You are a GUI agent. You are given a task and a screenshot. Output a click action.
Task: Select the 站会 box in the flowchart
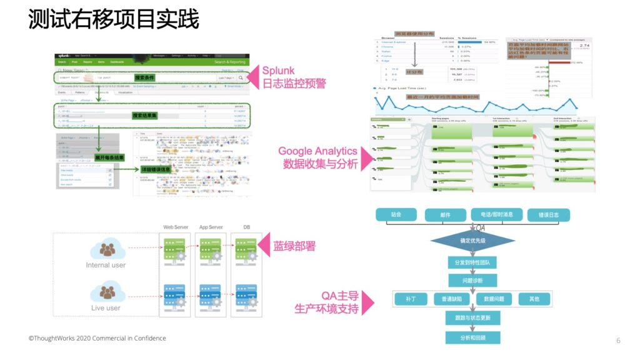pos(396,214)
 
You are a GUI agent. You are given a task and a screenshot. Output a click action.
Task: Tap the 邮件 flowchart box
pos(445,214)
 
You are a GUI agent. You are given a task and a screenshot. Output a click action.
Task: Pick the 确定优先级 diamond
pos(473,240)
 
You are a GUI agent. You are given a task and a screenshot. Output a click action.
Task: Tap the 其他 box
pos(534,299)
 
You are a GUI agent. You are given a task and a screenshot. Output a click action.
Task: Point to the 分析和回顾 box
pos(473,337)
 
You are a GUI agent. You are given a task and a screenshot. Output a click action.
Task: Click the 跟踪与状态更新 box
pos(473,319)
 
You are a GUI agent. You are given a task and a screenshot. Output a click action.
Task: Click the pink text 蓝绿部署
pos(294,246)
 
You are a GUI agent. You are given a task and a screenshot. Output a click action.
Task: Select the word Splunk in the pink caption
pos(278,70)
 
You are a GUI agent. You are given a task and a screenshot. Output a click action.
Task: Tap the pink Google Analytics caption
pos(317,151)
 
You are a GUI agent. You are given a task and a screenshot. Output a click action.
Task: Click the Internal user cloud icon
pos(107,249)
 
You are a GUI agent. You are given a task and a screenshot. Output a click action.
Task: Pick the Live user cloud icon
pos(107,292)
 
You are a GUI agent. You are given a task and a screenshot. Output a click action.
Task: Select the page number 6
pos(618,341)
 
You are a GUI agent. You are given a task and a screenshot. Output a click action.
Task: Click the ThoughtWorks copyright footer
pos(97,338)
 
